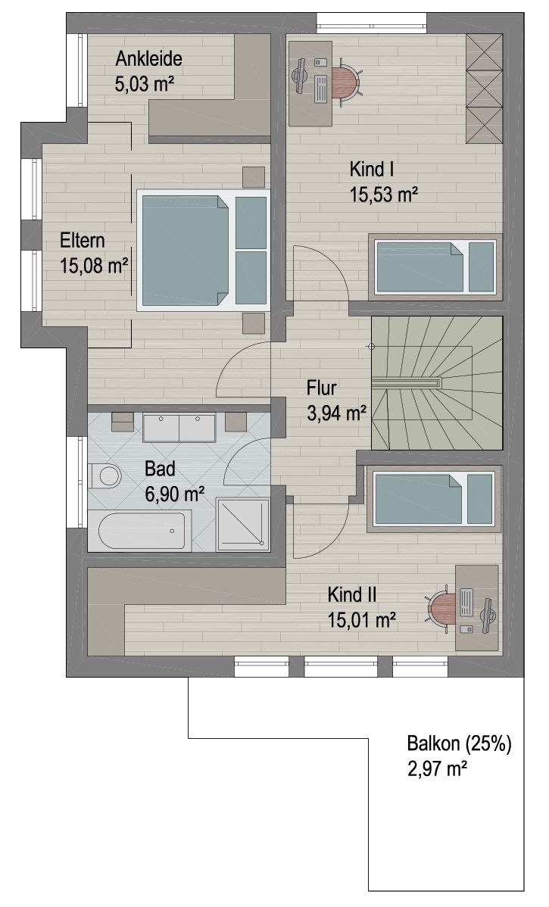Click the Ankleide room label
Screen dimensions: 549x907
(148, 58)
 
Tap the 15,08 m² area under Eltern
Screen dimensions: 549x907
(94, 266)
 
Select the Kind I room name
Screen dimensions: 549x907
(372, 170)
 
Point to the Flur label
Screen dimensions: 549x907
(322, 388)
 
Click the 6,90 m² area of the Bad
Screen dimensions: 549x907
(173, 493)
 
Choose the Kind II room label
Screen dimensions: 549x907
(352, 594)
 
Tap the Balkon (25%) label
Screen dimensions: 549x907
(460, 743)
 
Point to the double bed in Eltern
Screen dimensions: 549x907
(203, 250)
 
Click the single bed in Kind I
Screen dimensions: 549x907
(435, 266)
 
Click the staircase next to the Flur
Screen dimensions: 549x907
(437, 382)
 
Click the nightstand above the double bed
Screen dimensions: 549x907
(254, 177)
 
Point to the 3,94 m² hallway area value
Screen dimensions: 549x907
(337, 413)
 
